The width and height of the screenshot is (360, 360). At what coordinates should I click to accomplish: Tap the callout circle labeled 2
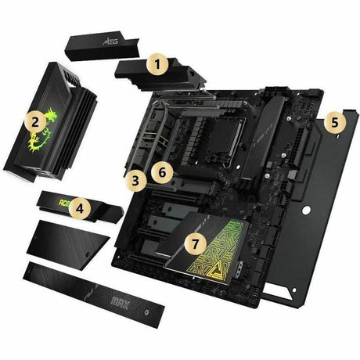34,121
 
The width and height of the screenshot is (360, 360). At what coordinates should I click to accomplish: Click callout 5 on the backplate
333,123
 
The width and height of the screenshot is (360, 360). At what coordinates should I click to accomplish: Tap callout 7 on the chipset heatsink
197,243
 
